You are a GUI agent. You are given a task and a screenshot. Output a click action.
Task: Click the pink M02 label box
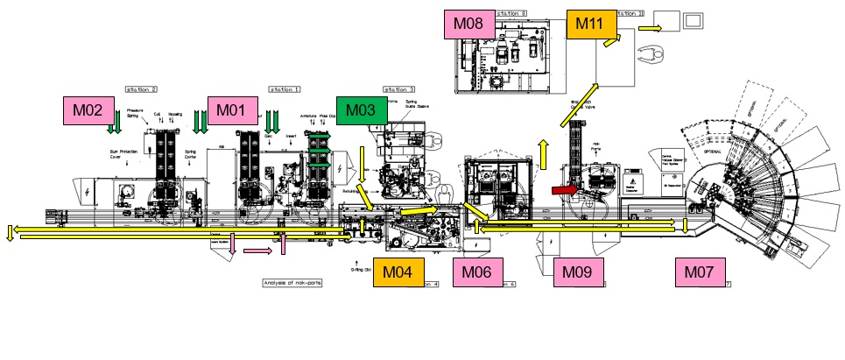click(x=88, y=110)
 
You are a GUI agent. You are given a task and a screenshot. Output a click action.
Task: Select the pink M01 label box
click(x=232, y=110)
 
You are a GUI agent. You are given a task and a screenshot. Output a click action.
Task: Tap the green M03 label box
click(x=363, y=110)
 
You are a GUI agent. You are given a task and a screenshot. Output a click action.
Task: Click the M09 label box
click(x=579, y=272)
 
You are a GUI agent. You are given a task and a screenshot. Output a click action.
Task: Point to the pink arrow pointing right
click(x=257, y=252)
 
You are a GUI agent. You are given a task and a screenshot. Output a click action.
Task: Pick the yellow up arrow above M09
click(x=544, y=153)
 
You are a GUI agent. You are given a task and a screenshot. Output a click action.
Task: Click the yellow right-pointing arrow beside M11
click(x=649, y=28)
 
